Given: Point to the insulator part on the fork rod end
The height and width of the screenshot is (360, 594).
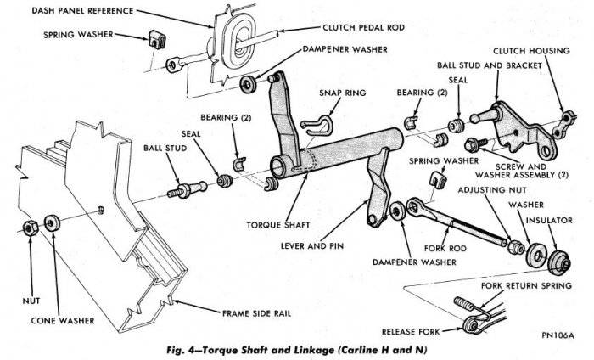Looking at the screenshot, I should pyautogui.click(x=558, y=259).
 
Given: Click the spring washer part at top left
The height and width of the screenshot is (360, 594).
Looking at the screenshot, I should pyautogui.click(x=154, y=38).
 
